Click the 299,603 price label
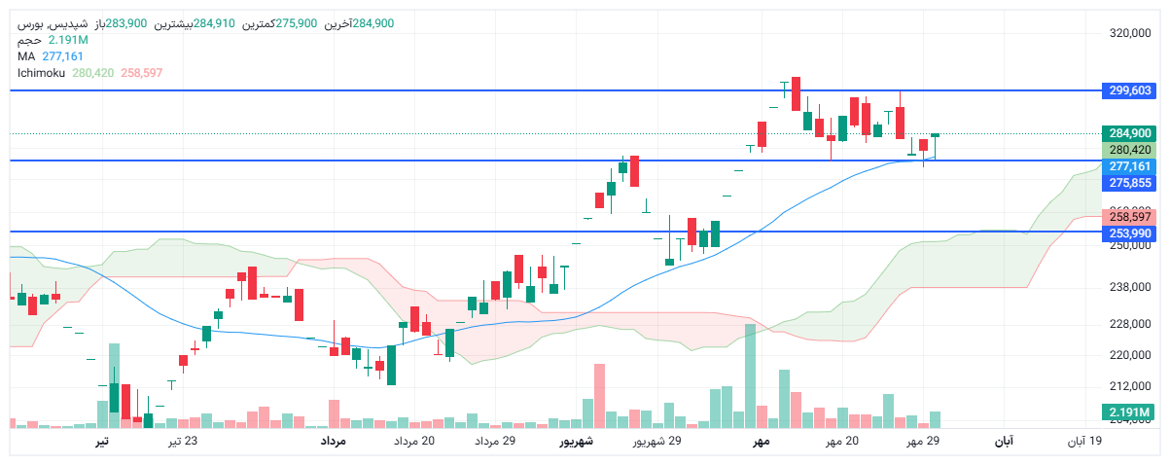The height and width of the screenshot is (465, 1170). tap(1129, 90)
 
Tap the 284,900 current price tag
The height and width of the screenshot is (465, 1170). tap(1129, 133)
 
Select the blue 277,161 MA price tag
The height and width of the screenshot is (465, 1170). tap(1129, 166)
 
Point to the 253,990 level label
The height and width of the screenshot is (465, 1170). tap(1129, 233)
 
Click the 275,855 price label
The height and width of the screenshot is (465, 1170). tap(1129, 182)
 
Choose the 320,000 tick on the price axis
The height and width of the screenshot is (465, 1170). tap(1129, 33)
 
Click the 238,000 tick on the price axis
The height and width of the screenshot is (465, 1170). tap(1129, 287)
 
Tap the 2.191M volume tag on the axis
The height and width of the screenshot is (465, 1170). tap(1129, 413)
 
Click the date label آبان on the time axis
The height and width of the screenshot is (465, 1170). tap(1003, 442)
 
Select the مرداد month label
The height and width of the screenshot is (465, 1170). tap(334, 442)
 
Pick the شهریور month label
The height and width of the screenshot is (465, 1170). tap(576, 442)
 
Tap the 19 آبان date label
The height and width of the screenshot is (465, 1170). tap(1084, 442)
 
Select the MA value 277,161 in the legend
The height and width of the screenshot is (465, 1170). tap(63, 56)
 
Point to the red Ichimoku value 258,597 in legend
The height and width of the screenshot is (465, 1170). tap(142, 73)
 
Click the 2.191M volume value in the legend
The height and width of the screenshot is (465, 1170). tap(68, 40)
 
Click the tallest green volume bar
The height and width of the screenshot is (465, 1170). tap(750, 376)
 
